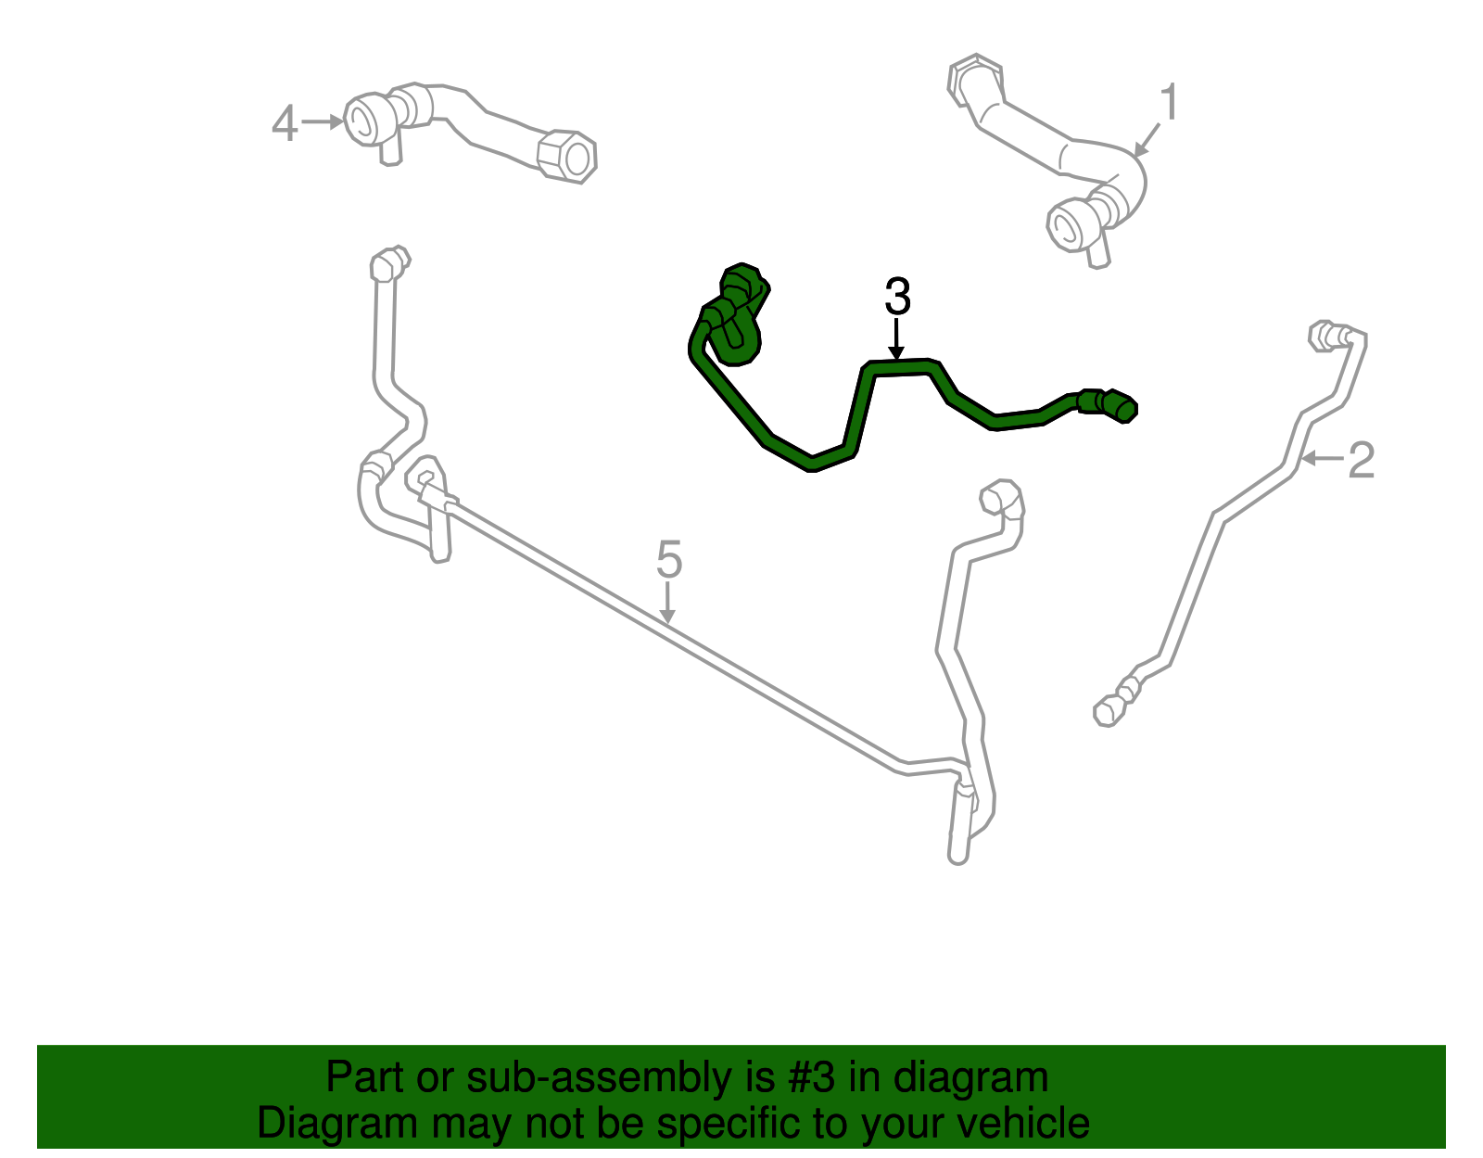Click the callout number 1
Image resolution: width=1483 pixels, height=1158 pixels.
1170,102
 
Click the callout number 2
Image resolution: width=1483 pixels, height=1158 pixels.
1361,460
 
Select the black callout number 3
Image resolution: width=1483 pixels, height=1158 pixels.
897,296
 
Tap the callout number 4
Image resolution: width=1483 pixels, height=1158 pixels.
285,123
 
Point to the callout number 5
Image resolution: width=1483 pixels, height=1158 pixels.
669,559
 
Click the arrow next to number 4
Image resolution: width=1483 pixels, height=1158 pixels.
323,122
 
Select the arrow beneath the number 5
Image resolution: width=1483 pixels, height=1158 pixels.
667,603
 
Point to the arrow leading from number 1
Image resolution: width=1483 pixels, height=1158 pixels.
1147,140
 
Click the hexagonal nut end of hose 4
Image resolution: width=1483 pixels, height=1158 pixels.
567,157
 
